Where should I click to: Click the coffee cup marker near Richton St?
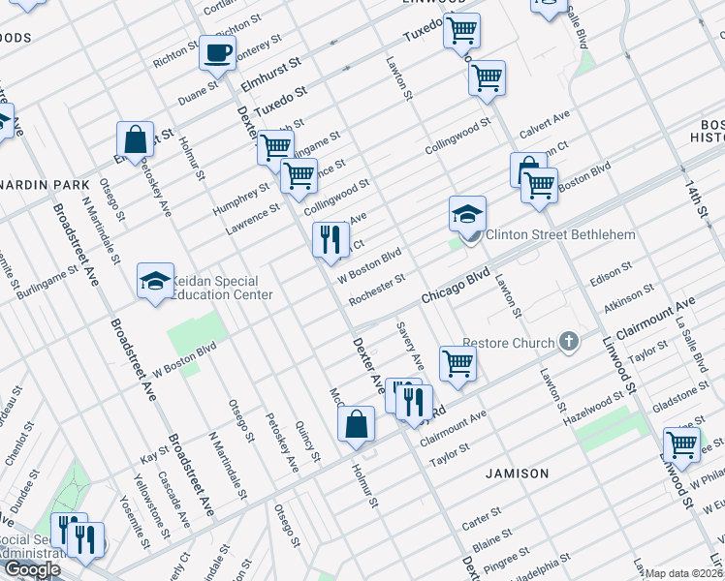[217, 52]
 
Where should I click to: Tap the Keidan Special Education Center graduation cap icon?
[154, 282]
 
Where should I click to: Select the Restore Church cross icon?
[569, 342]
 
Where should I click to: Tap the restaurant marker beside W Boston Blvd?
[331, 240]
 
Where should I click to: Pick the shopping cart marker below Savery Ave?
[457, 364]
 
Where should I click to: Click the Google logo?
[32, 569]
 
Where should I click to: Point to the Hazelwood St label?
[592, 403]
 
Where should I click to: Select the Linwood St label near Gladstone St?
[629, 373]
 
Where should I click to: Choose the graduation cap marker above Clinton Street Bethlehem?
[467, 213]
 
